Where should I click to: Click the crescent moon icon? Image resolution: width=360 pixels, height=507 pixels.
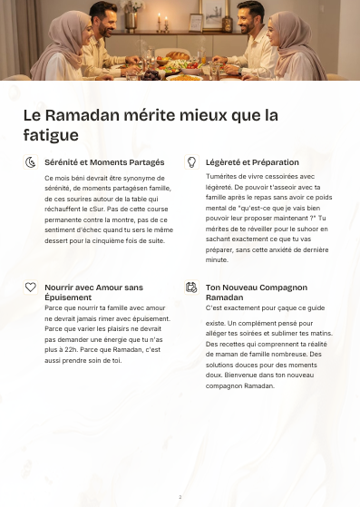(31, 162)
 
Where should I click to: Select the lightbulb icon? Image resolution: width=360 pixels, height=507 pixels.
(191, 162)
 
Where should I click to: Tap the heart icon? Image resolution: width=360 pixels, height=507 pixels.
(31, 287)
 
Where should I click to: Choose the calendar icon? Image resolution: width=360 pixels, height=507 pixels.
(191, 287)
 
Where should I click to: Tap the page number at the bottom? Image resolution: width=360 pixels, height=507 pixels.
(180, 497)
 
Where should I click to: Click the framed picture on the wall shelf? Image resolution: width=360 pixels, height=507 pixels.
(196, 21)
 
